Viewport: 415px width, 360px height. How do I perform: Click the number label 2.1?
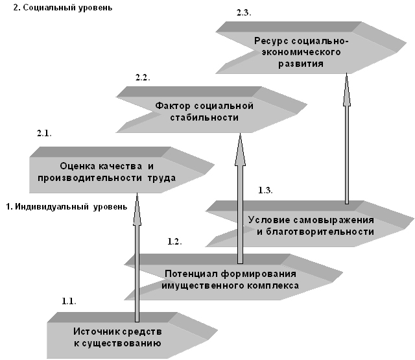tap(44, 133)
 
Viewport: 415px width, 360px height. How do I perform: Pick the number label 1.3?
tap(265, 190)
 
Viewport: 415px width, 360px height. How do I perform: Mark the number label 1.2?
tap(174, 242)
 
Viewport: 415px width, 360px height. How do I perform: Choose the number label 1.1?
tap(69, 302)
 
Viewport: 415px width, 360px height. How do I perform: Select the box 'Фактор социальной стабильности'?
tap(204, 112)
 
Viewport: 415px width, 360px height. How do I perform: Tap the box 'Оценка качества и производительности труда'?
tap(113, 172)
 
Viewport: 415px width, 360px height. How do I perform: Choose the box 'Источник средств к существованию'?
tap(117, 337)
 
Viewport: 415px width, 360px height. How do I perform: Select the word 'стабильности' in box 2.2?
tap(204, 117)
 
